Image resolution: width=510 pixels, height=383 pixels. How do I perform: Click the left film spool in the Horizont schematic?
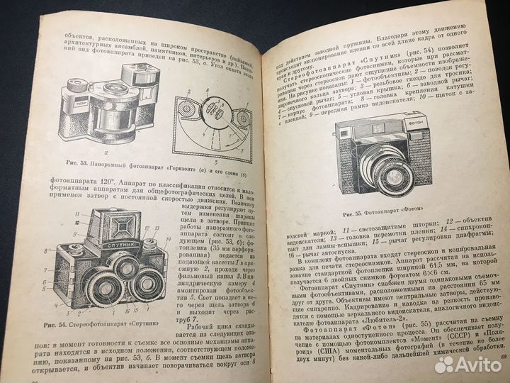186,109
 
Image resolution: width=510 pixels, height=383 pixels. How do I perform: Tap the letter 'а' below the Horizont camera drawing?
106,153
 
